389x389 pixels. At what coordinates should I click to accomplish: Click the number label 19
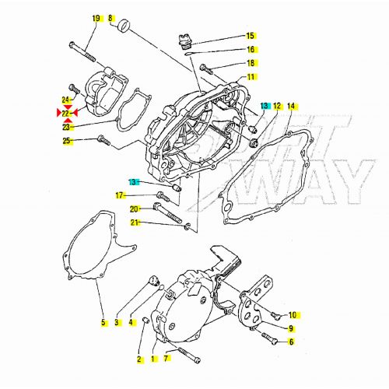tap(96, 17)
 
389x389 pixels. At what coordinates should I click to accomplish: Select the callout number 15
tap(251, 36)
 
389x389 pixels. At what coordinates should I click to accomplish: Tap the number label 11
tap(251, 77)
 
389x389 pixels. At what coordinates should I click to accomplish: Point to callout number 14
tap(291, 105)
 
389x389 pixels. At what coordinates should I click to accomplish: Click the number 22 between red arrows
tap(66, 113)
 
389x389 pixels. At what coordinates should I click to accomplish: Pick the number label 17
tap(120, 194)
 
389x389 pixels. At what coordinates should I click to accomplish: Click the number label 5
tap(102, 322)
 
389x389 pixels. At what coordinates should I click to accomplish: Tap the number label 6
tap(291, 342)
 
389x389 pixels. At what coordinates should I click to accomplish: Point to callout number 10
tap(293, 315)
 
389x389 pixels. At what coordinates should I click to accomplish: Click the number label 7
tap(167, 359)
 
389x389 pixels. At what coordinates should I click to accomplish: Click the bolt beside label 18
tap(205, 68)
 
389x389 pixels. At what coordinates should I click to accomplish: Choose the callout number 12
tap(277, 105)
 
